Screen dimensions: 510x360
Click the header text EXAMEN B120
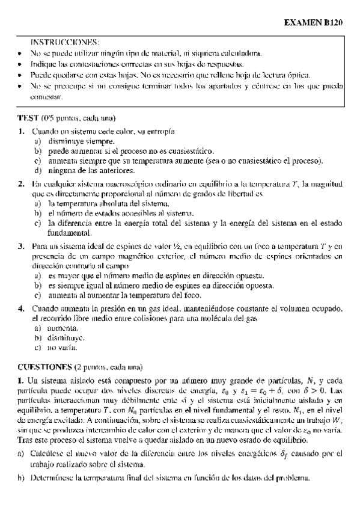click(316, 22)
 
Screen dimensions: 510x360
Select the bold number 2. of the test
click(21, 183)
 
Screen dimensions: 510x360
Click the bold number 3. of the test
click(21, 246)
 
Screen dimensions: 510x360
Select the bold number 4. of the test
click(21, 308)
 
